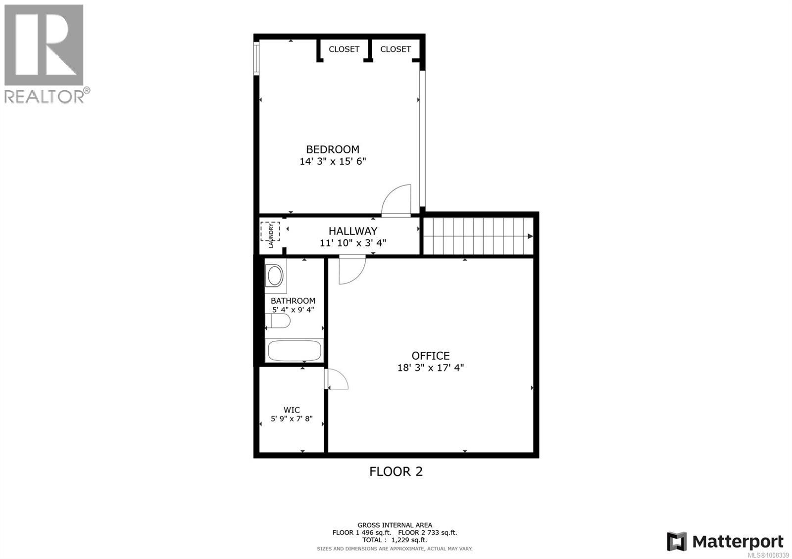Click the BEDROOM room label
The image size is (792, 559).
point(332,149)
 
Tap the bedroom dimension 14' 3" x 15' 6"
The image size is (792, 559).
point(333,161)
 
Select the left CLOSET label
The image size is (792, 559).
point(344,49)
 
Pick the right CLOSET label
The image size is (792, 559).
point(396,49)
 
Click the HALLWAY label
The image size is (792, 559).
point(353,231)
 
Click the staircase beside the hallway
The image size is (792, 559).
point(478,236)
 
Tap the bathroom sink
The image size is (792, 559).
point(274,276)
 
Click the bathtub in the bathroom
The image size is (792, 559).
point(295,351)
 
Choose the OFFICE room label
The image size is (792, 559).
point(431,356)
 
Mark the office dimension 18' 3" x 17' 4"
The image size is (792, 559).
point(431,368)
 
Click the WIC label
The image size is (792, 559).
point(292,410)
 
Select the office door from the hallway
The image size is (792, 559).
point(351,270)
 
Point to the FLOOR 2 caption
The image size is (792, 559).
point(396,471)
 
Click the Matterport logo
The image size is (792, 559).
point(725,541)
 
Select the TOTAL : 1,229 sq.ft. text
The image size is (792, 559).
point(395,540)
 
